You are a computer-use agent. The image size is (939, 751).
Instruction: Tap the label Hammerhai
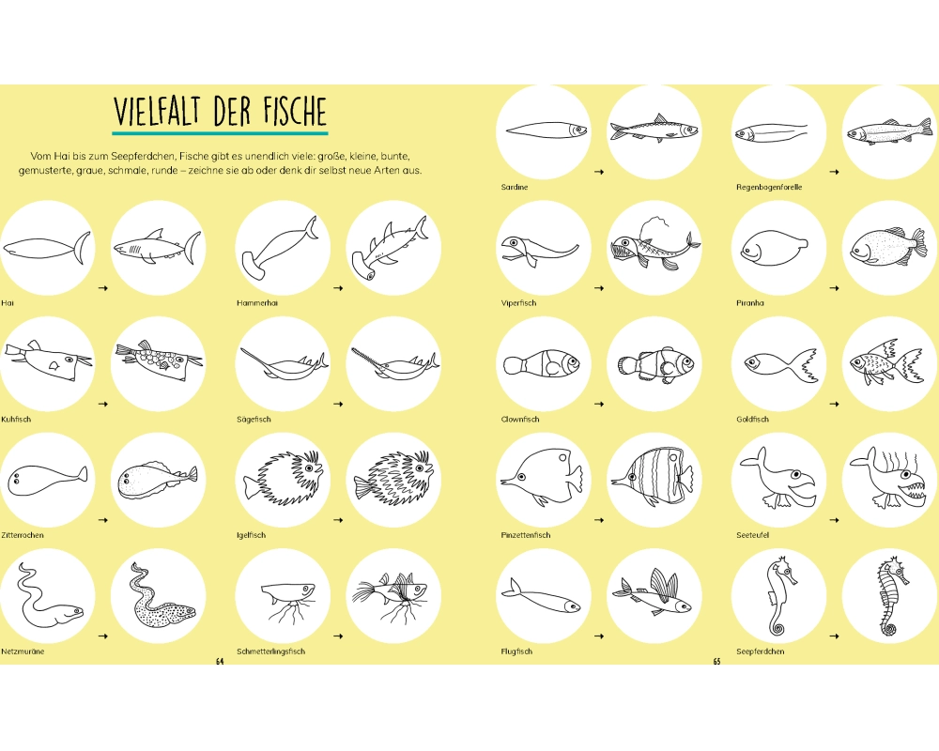[x=257, y=303]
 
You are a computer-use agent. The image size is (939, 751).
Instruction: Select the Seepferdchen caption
[x=760, y=651]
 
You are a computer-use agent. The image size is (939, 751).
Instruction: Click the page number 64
[x=219, y=661]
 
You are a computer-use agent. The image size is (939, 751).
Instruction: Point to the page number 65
[x=716, y=661]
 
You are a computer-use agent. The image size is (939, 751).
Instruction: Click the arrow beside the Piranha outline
[x=834, y=288]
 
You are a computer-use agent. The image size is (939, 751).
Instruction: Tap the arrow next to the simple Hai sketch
[x=103, y=288]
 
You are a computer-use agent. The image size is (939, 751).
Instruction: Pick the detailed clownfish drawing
[x=655, y=363]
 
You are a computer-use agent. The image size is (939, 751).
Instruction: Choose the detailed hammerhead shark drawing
[x=390, y=248]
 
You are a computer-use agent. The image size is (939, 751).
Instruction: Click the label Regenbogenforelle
[x=769, y=187]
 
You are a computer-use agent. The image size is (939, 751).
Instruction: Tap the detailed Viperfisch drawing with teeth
[x=655, y=246]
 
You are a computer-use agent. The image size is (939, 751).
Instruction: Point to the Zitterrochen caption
[x=23, y=535]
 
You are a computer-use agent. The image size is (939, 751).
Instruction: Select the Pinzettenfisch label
[x=525, y=535]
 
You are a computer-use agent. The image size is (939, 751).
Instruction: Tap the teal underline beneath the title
[x=221, y=133]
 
